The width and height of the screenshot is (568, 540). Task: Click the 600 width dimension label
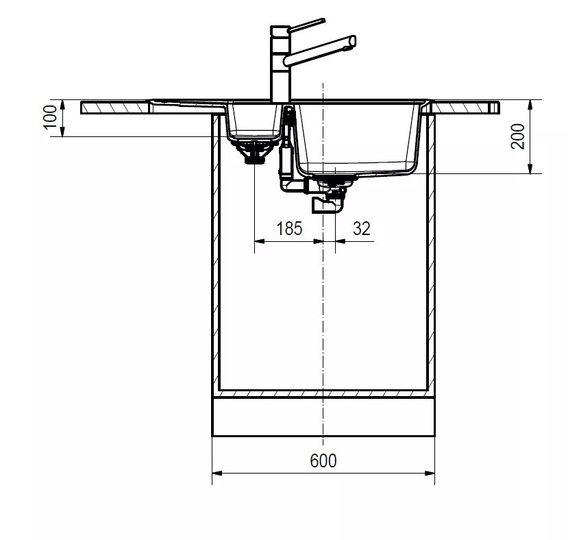[323, 461]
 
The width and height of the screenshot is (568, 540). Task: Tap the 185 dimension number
[289, 229]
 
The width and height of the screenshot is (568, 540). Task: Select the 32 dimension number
[362, 229]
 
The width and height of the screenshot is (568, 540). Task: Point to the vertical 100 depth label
[50, 116]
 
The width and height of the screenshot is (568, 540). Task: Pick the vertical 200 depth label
[518, 136]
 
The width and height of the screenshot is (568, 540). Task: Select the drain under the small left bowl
[254, 152]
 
